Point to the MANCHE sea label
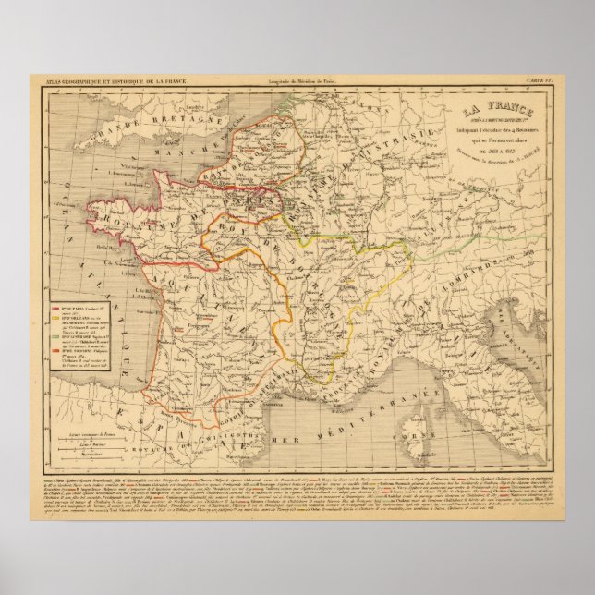[163, 169]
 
